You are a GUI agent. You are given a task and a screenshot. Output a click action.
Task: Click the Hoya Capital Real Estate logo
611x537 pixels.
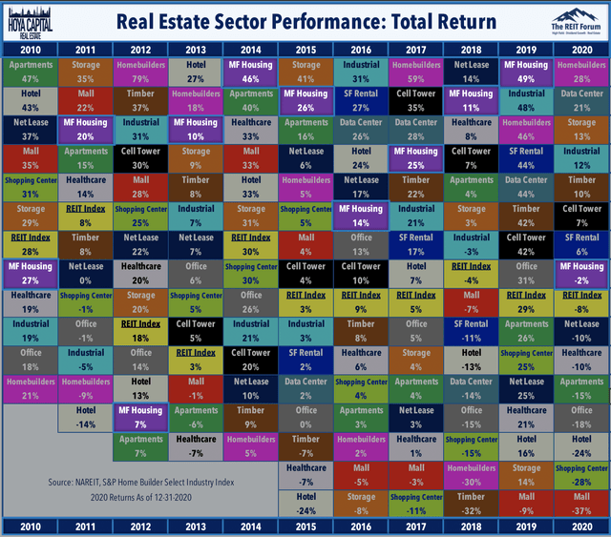click(x=28, y=19)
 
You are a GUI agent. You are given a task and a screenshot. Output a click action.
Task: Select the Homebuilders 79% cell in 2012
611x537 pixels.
click(x=139, y=72)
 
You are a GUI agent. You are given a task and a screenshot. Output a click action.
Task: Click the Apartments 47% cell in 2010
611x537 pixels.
click(x=29, y=72)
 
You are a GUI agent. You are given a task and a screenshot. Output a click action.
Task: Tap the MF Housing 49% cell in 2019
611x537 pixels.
click(x=527, y=72)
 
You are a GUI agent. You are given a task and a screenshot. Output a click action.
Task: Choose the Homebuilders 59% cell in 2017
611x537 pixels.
click(x=416, y=72)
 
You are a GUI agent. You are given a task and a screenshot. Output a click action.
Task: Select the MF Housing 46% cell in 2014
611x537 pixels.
click(x=250, y=72)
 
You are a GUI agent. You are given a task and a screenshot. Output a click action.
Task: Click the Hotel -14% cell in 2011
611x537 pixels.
click(x=84, y=417)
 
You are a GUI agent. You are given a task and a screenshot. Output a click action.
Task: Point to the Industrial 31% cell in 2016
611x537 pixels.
click(x=361, y=72)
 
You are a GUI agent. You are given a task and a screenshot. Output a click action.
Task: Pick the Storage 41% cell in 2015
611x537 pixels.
click(x=305, y=72)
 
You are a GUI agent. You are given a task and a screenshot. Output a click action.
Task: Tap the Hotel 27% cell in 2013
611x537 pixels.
click(x=195, y=72)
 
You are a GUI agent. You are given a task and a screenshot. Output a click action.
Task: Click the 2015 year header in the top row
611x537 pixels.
click(x=305, y=49)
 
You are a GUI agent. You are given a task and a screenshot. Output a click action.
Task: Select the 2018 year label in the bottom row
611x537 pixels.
click(x=472, y=526)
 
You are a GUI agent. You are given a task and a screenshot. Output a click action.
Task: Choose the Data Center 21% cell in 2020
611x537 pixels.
click(x=582, y=100)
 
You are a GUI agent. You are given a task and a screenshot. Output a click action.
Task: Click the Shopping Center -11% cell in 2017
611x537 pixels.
click(x=416, y=504)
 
